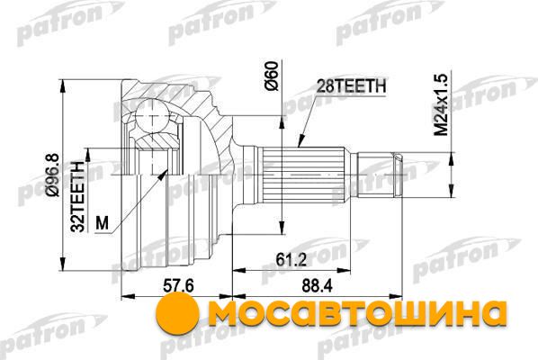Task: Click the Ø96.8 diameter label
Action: tap(53, 175)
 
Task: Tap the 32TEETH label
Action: tap(78, 197)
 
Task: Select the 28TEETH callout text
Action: tap(351, 86)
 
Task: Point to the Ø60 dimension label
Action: tap(272, 76)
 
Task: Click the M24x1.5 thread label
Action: tap(442, 105)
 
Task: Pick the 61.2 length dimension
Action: tap(291, 260)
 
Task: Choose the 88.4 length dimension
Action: tap(317, 285)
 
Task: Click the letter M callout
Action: tap(102, 223)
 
